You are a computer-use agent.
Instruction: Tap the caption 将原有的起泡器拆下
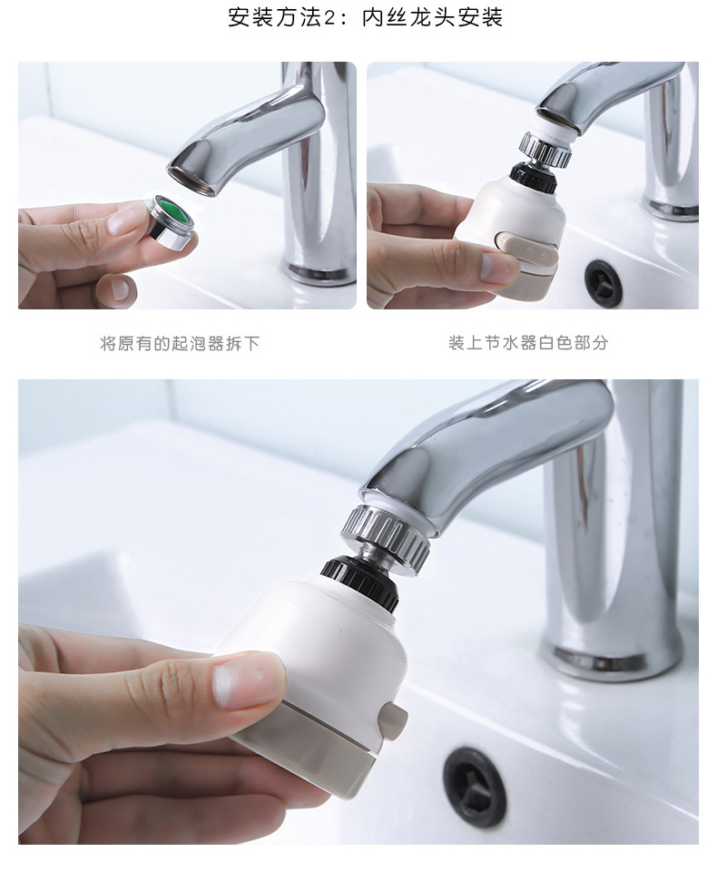click(179, 344)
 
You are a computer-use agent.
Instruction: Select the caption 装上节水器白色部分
click(527, 343)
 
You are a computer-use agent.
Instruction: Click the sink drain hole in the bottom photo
click(475, 786)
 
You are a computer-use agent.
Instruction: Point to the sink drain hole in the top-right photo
click(604, 283)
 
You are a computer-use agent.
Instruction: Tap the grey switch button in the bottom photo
click(395, 721)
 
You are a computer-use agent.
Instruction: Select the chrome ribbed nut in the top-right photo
click(545, 149)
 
